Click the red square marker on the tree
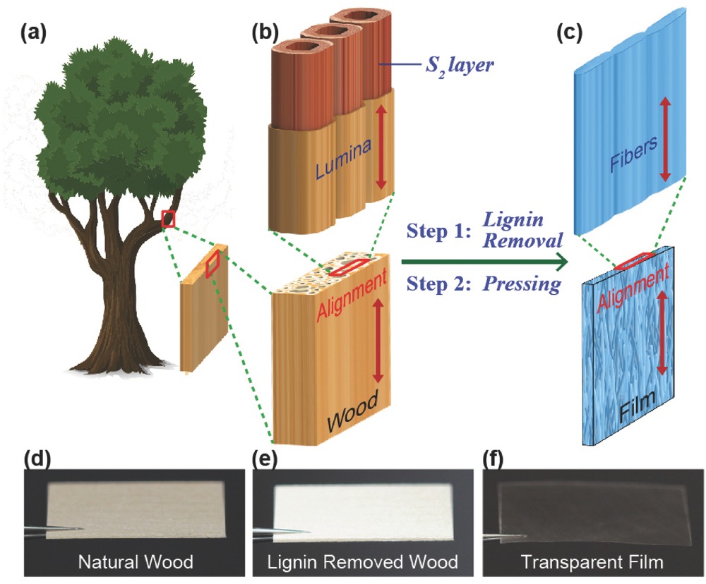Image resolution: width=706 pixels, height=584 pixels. pos(168,219)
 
